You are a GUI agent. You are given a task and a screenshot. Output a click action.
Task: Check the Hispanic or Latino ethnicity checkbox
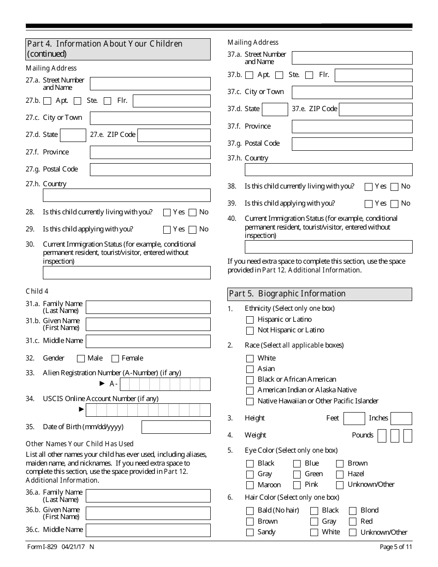pos(250,320)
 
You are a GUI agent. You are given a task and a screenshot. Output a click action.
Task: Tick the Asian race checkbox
pos(250,369)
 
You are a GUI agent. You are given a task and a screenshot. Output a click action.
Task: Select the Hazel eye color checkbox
pos(340,474)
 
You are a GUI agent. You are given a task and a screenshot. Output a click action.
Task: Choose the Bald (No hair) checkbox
pos(250,511)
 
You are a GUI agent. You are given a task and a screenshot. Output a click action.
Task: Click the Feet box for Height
pos(354,419)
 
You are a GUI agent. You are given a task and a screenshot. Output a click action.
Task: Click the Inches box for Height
pos(401,419)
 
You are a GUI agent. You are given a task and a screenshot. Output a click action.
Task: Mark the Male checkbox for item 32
pos(81,359)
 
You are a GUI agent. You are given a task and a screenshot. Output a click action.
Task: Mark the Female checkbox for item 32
pos(115,359)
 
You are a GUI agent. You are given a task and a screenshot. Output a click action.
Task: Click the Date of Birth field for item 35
pos(176,427)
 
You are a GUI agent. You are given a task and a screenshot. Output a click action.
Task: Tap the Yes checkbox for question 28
pos(167,213)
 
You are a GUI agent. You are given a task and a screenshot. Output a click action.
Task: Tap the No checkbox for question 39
pos(395,204)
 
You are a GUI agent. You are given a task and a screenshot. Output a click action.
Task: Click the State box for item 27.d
pos(73,135)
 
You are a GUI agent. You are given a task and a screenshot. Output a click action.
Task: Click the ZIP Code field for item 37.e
pos(375,109)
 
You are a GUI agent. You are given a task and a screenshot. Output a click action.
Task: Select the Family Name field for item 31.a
pos(148,307)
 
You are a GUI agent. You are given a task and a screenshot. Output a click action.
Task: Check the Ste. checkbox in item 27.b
pos(77,101)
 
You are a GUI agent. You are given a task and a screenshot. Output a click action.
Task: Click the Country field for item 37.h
pos(328,170)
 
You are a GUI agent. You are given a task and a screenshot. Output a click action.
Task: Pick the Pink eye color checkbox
pos(297,485)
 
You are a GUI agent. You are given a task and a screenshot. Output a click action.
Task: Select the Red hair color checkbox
pos(353,522)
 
